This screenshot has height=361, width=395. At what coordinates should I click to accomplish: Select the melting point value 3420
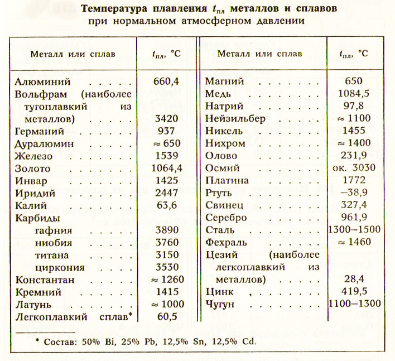click(x=165, y=119)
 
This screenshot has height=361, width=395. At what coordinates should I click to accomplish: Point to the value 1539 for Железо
click(x=165, y=156)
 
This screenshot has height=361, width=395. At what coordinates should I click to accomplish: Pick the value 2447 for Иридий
click(x=165, y=192)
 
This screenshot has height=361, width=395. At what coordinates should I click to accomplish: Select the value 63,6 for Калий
click(x=165, y=205)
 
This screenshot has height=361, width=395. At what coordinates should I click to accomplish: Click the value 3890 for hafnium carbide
click(x=165, y=229)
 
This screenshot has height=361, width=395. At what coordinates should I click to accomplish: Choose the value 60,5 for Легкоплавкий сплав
click(x=165, y=316)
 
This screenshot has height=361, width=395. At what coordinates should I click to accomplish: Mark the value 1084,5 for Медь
click(x=354, y=93)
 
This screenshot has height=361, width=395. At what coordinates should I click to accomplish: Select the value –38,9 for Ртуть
click(x=354, y=192)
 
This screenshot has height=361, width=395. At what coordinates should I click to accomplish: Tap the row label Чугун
click(x=221, y=304)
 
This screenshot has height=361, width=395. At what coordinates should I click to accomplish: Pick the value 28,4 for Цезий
click(x=354, y=278)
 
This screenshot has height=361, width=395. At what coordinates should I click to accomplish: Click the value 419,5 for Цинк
click(x=354, y=291)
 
